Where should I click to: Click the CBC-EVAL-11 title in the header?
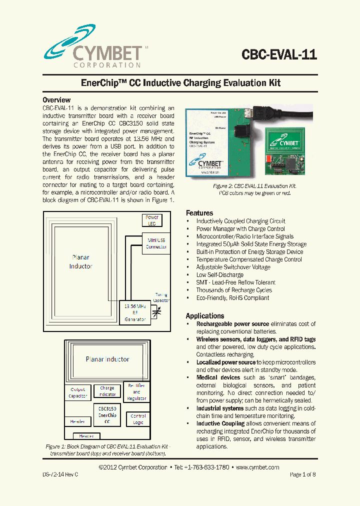click(279, 54)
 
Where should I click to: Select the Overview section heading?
click(56, 100)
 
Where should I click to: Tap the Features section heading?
click(199, 212)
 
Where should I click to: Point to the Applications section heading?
click(205, 316)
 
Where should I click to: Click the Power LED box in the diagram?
click(152, 220)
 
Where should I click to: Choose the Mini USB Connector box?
click(156, 243)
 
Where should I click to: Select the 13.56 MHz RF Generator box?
click(134, 311)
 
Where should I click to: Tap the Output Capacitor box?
click(78, 392)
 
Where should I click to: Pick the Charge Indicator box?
click(107, 391)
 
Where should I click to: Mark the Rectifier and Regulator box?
click(136, 392)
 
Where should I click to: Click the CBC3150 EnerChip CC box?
click(107, 415)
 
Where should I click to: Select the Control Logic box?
click(138, 419)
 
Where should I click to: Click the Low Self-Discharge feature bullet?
click(219, 275)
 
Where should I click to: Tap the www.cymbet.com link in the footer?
click(257, 467)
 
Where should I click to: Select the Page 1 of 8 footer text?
click(302, 474)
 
